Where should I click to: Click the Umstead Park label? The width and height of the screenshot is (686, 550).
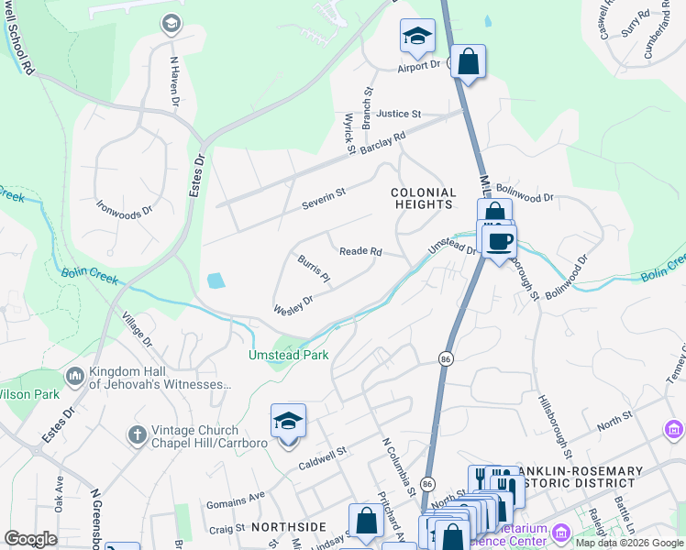[x=288, y=355]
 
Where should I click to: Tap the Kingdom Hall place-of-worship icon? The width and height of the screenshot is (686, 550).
[x=74, y=376]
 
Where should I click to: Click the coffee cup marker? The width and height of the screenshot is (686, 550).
[x=499, y=242]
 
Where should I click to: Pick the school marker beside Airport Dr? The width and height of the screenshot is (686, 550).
[x=417, y=37]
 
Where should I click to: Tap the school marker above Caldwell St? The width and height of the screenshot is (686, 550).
[x=288, y=422]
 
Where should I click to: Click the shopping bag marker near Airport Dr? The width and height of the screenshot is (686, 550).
[x=468, y=62]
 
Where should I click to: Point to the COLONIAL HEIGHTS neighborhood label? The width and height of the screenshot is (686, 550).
[x=423, y=198]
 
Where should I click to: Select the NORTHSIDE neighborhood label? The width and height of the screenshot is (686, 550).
[x=289, y=526]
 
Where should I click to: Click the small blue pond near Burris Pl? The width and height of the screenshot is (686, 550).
[x=215, y=280]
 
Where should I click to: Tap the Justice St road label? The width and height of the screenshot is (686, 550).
[x=396, y=114]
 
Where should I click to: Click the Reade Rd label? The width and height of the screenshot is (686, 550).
[x=360, y=251]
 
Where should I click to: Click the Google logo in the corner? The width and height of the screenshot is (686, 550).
[x=30, y=538]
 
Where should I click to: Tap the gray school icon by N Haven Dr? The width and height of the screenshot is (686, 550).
[x=171, y=24]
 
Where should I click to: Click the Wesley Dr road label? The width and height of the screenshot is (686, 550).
[x=293, y=304]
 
